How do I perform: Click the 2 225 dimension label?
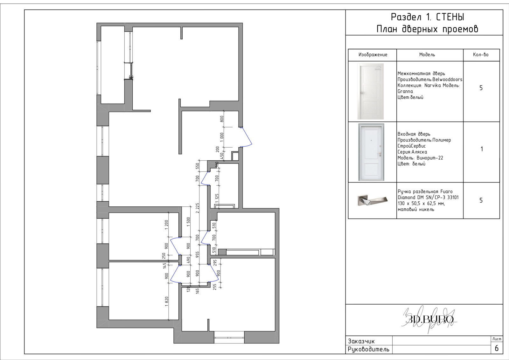coord(198,208)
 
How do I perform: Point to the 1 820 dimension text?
coord(167,301)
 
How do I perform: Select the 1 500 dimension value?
coord(188,222)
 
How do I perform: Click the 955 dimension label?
coord(198,255)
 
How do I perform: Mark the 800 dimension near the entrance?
coord(222,119)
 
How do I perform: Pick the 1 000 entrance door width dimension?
coord(222,137)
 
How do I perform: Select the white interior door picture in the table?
coord(370,91)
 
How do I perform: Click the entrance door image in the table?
coord(371,152)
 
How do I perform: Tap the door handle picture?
coord(373,200)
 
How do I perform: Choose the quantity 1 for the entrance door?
coord(482,149)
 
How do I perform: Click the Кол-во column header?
coord(481,54)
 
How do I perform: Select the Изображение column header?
coord(373,54)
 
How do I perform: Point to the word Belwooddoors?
coord(447,80)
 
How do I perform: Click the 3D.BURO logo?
coord(430,319)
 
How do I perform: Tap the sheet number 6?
coord(497,348)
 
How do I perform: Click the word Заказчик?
coord(361,341)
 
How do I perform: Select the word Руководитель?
coord(368,349)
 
